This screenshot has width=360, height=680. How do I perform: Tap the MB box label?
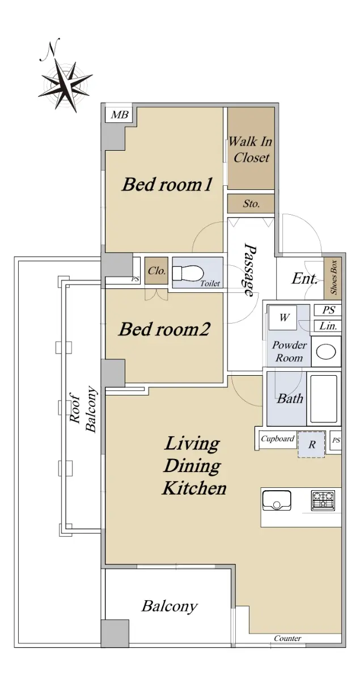[x=120, y=114]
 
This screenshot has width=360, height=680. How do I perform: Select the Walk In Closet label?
[x=251, y=150]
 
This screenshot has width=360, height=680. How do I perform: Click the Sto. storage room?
[x=251, y=203]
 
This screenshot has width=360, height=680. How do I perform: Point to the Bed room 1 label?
[x=167, y=184]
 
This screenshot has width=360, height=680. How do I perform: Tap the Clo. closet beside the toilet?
[x=156, y=271]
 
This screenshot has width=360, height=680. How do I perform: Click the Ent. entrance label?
[x=304, y=279]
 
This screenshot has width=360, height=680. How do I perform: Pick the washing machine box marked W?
[x=284, y=318]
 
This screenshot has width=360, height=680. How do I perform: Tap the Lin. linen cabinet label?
[x=328, y=326]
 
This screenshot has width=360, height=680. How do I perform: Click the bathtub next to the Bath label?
[x=324, y=398]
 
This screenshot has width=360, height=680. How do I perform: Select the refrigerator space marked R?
[x=311, y=445]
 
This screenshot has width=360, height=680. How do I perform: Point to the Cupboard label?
[x=278, y=439]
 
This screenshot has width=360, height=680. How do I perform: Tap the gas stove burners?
[x=323, y=500]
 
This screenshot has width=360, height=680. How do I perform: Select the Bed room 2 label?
[x=164, y=329]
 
